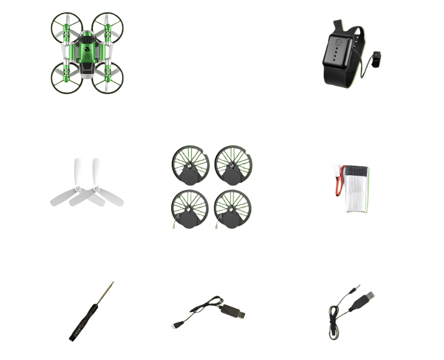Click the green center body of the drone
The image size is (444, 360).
click(x=88, y=51)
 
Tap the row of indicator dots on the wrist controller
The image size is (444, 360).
click(x=336, y=55)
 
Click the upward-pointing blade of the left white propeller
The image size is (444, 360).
click(x=78, y=171)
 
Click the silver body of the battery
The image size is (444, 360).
click(x=357, y=189)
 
